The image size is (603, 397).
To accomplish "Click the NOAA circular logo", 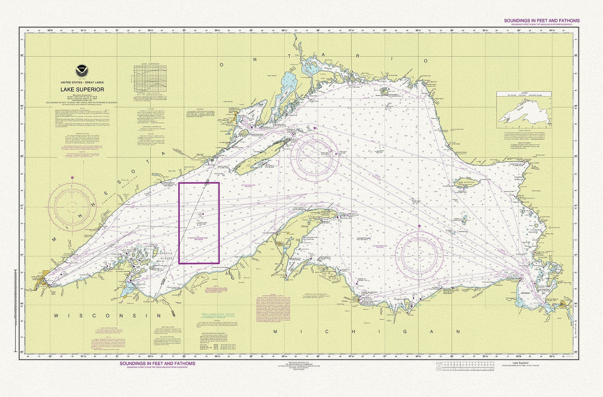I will [x=79, y=71].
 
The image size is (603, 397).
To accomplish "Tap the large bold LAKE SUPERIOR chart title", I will [x=82, y=89].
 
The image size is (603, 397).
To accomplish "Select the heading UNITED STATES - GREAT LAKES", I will [x=82, y=83].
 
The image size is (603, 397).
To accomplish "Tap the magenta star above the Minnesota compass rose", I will [x=73, y=178].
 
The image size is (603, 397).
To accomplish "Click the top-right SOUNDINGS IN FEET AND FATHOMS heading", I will [x=541, y=20].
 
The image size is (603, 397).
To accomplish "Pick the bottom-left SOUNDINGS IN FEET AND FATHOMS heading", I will [x=157, y=363].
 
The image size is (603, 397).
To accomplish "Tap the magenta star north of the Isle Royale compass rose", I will [x=315, y=128].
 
